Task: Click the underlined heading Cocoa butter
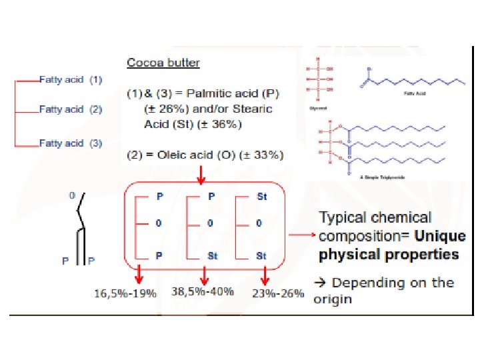[x=163, y=63]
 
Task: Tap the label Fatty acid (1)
[x=71, y=79]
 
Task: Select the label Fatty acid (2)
[x=71, y=109]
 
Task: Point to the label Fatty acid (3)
[x=71, y=143]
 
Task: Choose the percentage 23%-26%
[x=278, y=293]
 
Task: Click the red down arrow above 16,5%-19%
[x=139, y=273]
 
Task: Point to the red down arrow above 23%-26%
[x=265, y=273]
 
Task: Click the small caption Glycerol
[x=316, y=105]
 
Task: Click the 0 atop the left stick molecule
[x=71, y=195]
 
